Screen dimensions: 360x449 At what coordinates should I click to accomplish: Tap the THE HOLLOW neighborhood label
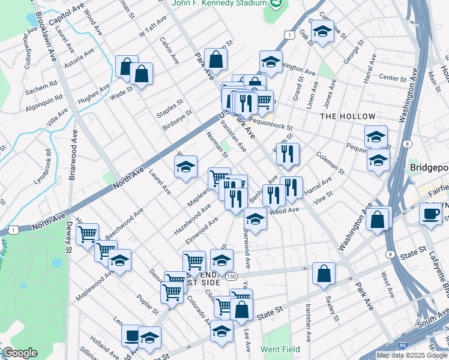coord(348,116)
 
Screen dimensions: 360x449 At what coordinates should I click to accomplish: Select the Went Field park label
coord(280,349)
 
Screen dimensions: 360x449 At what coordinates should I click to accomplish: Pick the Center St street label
coord(393,78)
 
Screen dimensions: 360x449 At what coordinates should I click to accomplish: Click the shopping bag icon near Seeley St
coord(324,274)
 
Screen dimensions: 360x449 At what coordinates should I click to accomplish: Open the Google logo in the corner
coord(19,353)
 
